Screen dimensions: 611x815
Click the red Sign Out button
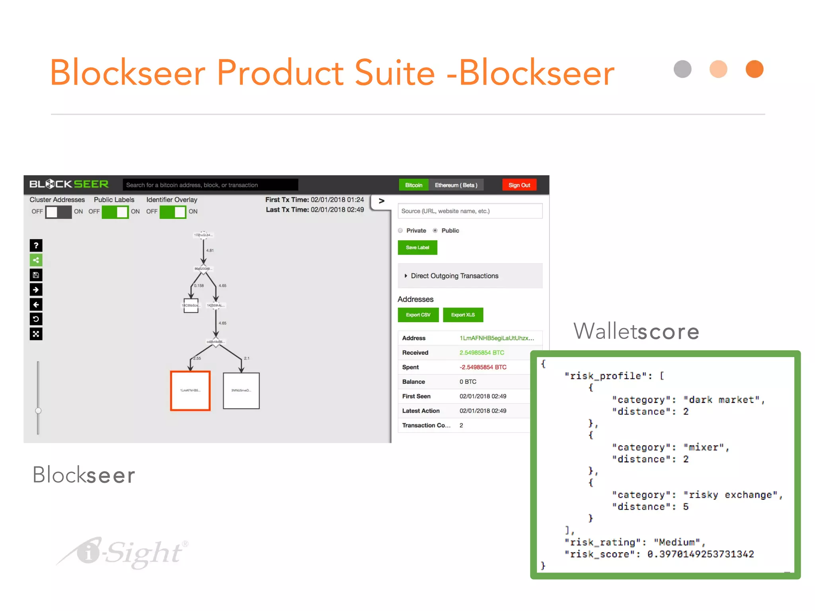pyautogui.click(x=519, y=185)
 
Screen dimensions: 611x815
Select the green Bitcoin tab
pyautogui.click(x=413, y=185)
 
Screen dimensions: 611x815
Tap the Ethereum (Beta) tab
pyautogui.click(x=456, y=185)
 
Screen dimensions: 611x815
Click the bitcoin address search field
pyautogui.click(x=210, y=185)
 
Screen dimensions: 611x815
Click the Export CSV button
pyautogui.click(x=418, y=315)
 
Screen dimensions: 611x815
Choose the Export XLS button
pyautogui.click(x=463, y=315)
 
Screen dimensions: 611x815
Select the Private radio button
pyautogui.click(x=400, y=230)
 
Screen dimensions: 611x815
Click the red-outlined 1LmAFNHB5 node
pyautogui.click(x=190, y=390)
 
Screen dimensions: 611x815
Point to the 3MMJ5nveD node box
pyautogui.click(x=241, y=390)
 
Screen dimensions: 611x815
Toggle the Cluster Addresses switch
pyautogui.click(x=58, y=212)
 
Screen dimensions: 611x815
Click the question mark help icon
pyautogui.click(x=36, y=245)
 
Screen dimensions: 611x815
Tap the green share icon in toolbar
pyautogui.click(x=36, y=260)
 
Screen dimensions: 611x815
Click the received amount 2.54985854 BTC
pyautogui.click(x=482, y=352)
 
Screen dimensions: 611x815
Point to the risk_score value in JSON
pyautogui.click(x=700, y=554)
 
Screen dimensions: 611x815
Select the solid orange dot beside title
pyautogui.click(x=754, y=69)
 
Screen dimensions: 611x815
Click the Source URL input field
pyautogui.click(x=470, y=211)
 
